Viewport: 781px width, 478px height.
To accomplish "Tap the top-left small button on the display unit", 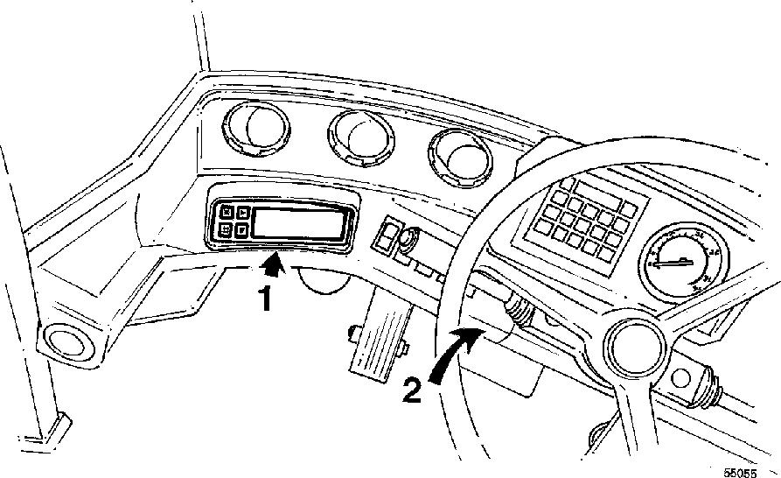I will tap(226, 211).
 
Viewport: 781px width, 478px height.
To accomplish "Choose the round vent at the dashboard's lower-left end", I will tap(63, 340).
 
